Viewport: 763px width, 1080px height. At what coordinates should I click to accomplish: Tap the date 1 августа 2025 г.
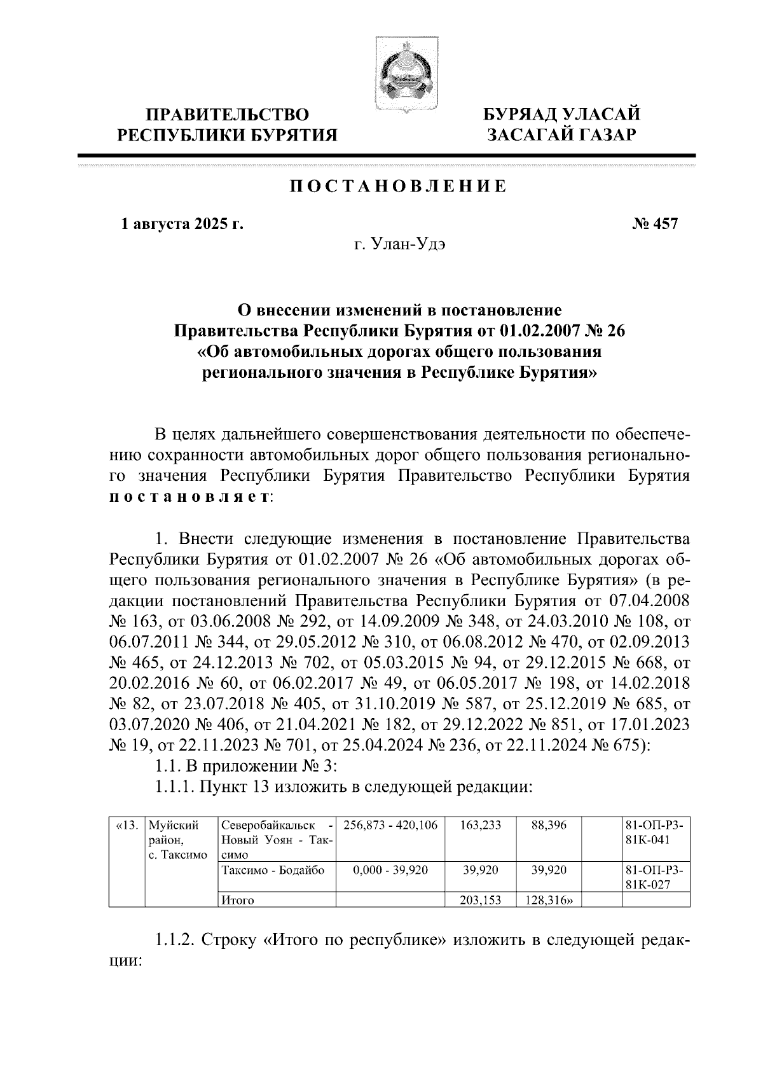(x=182, y=224)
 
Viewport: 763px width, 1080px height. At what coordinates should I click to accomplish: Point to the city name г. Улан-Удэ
(x=400, y=244)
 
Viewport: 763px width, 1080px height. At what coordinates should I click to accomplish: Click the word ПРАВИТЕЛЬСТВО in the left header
(x=228, y=115)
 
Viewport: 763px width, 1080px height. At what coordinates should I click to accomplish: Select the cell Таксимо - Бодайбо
(x=272, y=869)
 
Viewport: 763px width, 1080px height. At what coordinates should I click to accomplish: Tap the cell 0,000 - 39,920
(x=390, y=869)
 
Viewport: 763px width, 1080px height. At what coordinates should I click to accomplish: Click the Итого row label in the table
(x=237, y=900)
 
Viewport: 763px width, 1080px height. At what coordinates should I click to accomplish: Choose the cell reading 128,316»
(x=549, y=900)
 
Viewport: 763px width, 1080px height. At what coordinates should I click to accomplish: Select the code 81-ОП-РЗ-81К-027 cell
(x=655, y=876)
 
